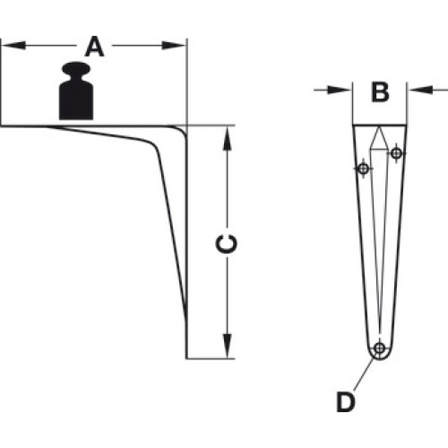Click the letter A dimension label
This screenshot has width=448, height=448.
(x=94, y=47)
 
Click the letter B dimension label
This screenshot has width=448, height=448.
(x=380, y=91)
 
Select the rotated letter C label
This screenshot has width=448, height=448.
(x=227, y=244)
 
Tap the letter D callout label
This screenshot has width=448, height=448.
(x=346, y=402)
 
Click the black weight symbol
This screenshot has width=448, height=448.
(x=76, y=91)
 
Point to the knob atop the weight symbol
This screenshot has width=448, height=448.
(x=76, y=69)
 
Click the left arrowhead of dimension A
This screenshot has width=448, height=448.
(x=13, y=46)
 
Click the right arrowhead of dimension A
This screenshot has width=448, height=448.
(x=174, y=46)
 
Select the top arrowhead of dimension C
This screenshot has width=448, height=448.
(x=228, y=138)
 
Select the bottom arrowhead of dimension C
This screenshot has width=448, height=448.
(x=228, y=346)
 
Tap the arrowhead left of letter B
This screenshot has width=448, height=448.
(x=340, y=90)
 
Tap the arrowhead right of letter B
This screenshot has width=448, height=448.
(x=420, y=90)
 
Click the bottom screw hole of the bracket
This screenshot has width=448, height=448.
(x=380, y=348)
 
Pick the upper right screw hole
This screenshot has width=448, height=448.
(x=396, y=153)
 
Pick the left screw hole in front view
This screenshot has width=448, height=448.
(x=363, y=168)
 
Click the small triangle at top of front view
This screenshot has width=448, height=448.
(x=379, y=138)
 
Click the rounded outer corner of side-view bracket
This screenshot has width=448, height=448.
(x=183, y=130)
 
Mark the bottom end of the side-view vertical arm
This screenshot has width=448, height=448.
(x=186, y=358)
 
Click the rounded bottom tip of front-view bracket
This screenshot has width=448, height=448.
(x=380, y=359)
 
